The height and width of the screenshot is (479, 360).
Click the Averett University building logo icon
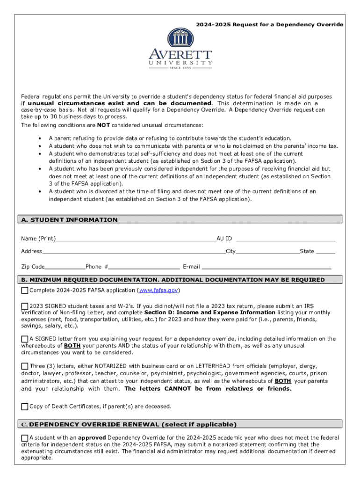[x=180, y=38]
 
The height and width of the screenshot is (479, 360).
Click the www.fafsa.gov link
[x=159, y=290]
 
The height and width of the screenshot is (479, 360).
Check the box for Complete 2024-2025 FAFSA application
[x=25, y=291]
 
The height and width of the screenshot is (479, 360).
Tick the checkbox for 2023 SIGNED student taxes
[x=25, y=306]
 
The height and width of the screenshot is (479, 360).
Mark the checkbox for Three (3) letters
[x=25, y=366]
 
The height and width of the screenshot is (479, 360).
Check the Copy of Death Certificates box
[x=25, y=406]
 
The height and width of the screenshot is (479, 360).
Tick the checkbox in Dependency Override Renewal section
[x=25, y=438]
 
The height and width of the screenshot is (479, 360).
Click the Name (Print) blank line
[x=136, y=239]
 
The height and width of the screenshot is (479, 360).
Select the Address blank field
[x=134, y=252]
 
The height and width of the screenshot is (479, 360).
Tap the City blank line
[x=267, y=252]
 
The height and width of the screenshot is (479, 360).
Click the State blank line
[x=325, y=252]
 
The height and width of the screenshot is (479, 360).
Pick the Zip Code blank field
[x=65, y=267]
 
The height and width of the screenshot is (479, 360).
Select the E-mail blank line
[x=266, y=267]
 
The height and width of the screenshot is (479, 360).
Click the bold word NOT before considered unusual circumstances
[x=103, y=125]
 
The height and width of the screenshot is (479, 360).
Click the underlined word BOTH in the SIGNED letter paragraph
[x=72, y=346]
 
